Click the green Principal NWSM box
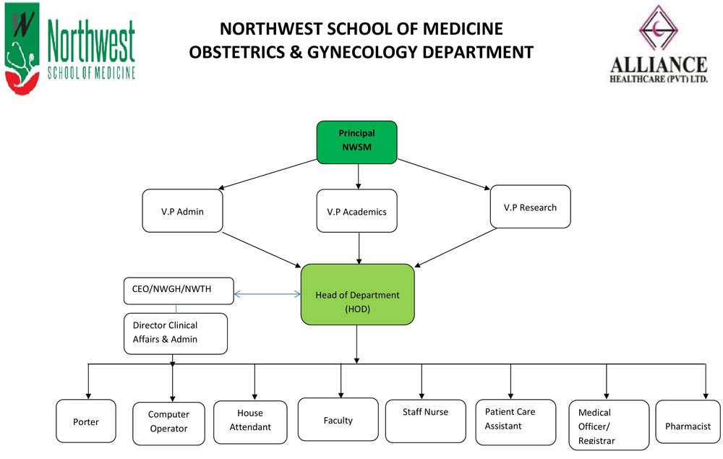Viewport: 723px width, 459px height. tap(356, 142)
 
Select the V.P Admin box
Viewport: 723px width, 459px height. tap(182, 211)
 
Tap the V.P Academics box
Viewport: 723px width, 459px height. tap(356, 211)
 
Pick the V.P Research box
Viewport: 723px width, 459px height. tap(530, 207)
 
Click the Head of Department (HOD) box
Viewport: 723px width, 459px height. tap(357, 302)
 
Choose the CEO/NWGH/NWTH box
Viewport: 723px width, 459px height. tap(179, 291)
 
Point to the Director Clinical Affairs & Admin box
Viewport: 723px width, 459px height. tap(176, 333)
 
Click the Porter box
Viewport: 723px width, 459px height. tap(86, 421)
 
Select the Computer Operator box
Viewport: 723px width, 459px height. tap(168, 423)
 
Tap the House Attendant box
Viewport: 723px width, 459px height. tap(250, 421)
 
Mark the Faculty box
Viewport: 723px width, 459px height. tap(338, 419)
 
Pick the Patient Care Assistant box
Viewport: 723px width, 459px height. tap(515, 421)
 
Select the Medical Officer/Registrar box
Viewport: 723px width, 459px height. tap(608, 424)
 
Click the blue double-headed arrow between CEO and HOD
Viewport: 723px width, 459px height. tap(267, 294)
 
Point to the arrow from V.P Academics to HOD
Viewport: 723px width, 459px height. tap(359, 247)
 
